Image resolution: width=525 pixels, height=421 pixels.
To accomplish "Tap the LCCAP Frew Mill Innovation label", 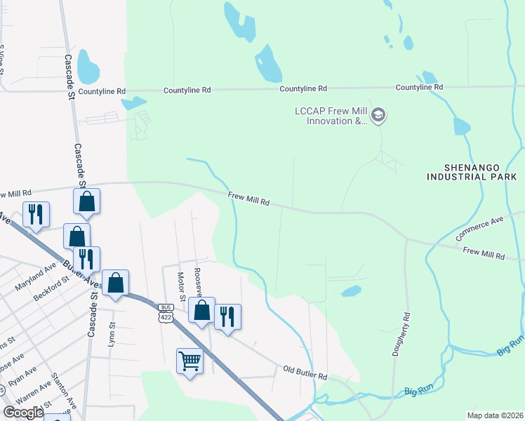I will [333, 116].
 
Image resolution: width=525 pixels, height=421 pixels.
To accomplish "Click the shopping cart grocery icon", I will [190, 361].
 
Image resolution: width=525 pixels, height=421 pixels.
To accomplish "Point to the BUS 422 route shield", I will [166, 312].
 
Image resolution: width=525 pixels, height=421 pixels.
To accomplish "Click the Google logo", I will [23, 412].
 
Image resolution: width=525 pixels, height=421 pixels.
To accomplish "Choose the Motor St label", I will [180, 286].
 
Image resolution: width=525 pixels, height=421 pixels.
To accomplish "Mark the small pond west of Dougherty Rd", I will [350, 290].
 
